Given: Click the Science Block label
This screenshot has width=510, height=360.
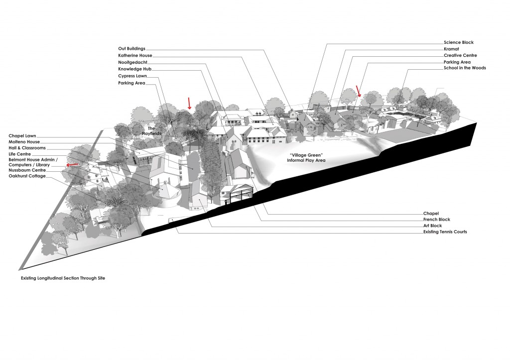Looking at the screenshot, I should (x=458, y=43).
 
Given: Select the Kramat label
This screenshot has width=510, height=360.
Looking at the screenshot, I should (x=451, y=49).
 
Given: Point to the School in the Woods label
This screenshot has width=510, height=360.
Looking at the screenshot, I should (x=465, y=68).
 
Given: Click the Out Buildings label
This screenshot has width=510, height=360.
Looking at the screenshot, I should (x=131, y=48).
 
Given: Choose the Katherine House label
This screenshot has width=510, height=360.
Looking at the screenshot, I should (x=135, y=55).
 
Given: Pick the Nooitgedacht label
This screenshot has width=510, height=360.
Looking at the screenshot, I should (x=132, y=62).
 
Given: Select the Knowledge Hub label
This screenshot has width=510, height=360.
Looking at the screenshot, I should (x=134, y=69).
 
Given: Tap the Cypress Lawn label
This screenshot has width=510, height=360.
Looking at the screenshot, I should (x=131, y=76).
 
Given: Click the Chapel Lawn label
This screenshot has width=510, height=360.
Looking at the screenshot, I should (x=23, y=135).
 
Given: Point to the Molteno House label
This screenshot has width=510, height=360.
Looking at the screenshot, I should (x=24, y=142).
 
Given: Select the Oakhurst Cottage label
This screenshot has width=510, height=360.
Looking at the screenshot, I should (x=27, y=176).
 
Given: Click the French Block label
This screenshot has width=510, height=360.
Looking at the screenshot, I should (x=437, y=219).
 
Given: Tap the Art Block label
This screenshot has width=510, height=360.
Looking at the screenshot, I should (x=433, y=226).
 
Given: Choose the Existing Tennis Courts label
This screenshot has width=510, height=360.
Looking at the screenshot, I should (x=445, y=232).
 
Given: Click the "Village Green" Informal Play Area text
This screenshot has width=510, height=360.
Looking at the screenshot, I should (x=306, y=158).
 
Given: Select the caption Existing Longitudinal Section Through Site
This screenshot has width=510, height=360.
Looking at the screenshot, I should (x=63, y=278).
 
